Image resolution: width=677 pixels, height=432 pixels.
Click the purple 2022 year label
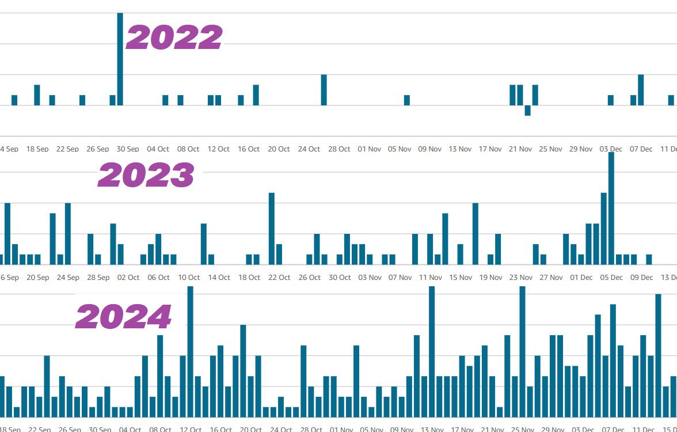pos(174,37)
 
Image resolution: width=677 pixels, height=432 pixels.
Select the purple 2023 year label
pos(146,175)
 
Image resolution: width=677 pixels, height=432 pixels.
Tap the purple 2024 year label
pos(124,317)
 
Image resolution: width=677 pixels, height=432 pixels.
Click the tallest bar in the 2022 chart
pos(120,59)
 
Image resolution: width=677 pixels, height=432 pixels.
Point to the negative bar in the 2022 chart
pos(527,111)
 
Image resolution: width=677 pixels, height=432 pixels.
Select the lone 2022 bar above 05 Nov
pos(407,100)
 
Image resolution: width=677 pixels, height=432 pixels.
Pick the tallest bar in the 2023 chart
pos(611,208)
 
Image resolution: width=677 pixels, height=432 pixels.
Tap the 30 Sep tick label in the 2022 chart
pos(128,149)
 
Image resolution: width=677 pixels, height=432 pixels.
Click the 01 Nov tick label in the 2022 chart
pos(369,149)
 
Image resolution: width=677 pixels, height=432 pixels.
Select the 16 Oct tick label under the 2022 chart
pos(249,149)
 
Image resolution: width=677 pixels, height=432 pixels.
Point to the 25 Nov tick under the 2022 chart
pos(550,149)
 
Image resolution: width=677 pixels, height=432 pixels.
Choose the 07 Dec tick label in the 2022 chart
pos(641,149)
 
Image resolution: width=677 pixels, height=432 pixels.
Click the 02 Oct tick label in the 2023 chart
pos(128,278)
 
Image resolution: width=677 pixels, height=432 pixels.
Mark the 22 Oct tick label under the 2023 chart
pos(279,278)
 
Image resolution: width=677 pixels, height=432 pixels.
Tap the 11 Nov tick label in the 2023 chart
pos(430,278)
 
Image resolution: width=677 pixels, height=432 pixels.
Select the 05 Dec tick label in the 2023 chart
pos(611,278)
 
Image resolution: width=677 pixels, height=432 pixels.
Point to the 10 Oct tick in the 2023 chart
pos(189,278)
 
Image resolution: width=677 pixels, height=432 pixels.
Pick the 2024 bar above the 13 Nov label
pos(432,351)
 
